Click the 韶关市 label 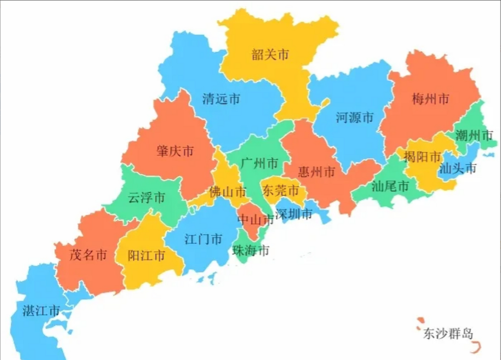[x=270, y=54]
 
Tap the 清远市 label [x=221, y=99]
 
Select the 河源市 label [x=355, y=117]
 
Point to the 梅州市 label [x=430, y=99]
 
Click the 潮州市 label [x=474, y=136]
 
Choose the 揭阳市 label [x=422, y=157]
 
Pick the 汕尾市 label [x=390, y=186]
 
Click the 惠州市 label [x=317, y=172]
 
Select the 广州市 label [x=259, y=163]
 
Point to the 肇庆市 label [x=175, y=151]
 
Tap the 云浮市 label [x=146, y=197]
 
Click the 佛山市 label [x=228, y=192]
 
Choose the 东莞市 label [x=280, y=191]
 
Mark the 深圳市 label [x=294, y=214]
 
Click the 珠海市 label [x=250, y=250]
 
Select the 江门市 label [x=203, y=239]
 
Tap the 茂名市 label [x=88, y=255]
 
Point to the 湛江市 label [x=41, y=311]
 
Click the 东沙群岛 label [x=448, y=334]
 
